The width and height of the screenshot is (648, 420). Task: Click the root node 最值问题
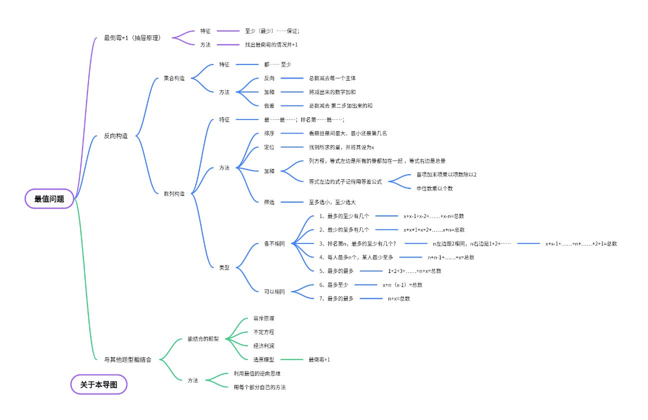49,198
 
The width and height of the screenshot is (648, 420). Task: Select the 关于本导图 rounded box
99,384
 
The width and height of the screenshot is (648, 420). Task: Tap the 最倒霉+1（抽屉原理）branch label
132,37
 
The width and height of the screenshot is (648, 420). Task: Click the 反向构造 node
115,136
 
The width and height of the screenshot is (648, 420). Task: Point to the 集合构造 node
174,78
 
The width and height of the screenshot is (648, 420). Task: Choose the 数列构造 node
174,193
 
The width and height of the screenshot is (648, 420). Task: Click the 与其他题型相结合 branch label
127,359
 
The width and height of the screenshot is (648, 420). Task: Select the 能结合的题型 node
203,338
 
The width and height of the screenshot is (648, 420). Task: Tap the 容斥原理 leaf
263,318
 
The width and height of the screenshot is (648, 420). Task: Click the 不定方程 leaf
263,332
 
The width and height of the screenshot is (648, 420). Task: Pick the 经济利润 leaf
263,346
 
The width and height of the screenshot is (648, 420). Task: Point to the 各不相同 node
274,243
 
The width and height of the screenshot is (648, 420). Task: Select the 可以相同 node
274,291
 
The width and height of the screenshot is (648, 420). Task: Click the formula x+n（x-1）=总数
402,285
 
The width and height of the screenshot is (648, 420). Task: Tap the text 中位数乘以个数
434,188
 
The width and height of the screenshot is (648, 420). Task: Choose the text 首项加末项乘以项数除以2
446,174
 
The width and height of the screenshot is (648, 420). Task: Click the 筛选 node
269,202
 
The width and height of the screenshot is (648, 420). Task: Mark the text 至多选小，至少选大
332,202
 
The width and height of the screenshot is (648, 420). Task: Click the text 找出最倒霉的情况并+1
271,44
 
